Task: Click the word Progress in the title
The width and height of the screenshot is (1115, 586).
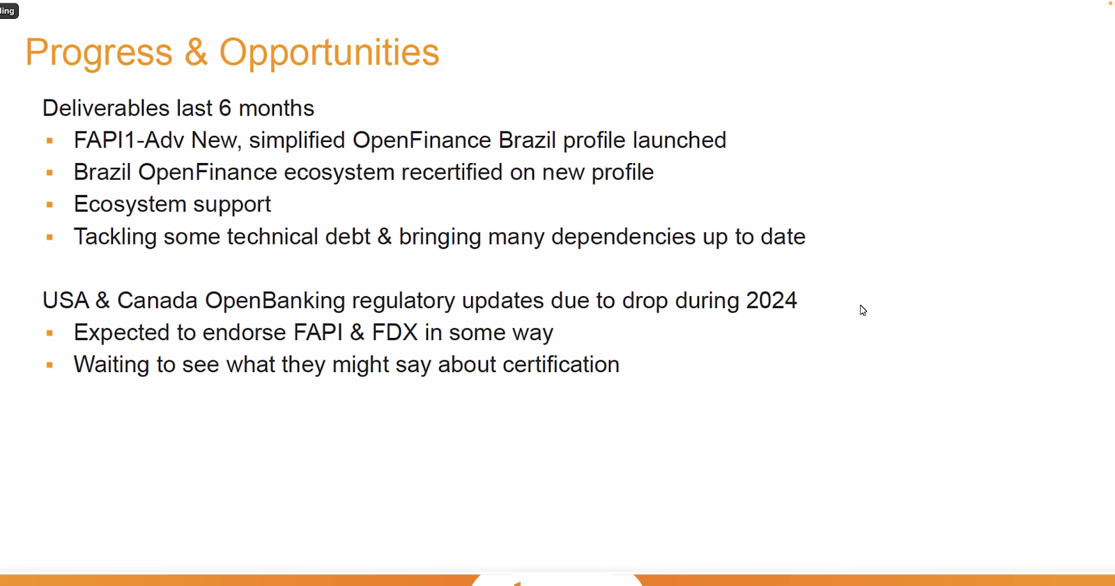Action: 98,53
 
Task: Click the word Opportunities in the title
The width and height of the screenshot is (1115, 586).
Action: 329,53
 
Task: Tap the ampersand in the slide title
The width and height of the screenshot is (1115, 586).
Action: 196,52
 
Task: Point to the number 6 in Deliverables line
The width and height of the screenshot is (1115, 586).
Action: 225,108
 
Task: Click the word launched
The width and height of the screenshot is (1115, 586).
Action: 679,140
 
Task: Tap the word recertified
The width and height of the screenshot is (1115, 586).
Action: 452,172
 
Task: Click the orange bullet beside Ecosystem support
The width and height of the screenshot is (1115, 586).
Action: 49,205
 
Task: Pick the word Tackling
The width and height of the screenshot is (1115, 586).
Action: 115,236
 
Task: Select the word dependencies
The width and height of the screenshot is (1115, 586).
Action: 623,236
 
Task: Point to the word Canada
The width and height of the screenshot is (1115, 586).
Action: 157,300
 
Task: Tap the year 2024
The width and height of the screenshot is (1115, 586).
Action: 771,300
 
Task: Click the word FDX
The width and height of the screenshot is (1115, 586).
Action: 394,332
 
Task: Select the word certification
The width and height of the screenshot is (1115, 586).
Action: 561,364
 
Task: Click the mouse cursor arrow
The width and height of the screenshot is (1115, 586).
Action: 863,310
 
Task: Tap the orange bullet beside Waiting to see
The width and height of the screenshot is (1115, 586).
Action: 49,365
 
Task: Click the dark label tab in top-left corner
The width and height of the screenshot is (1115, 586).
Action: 8,10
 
